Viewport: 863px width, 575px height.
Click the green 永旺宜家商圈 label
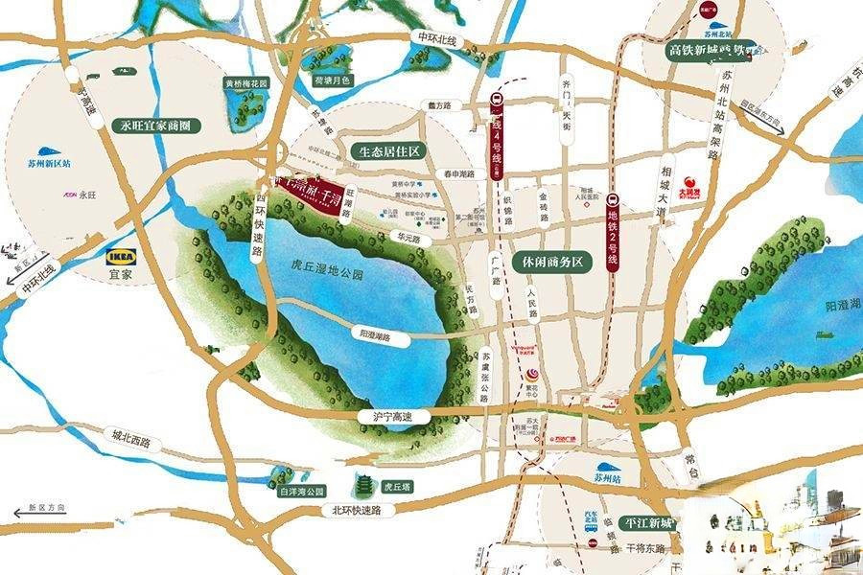pos(155,126)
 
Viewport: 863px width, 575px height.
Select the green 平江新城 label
pos(647,524)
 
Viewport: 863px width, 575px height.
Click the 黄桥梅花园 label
pos(246,83)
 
